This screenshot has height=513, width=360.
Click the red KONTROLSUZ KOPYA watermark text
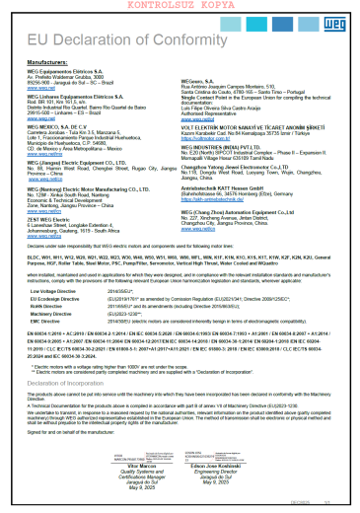(x=180, y=7)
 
